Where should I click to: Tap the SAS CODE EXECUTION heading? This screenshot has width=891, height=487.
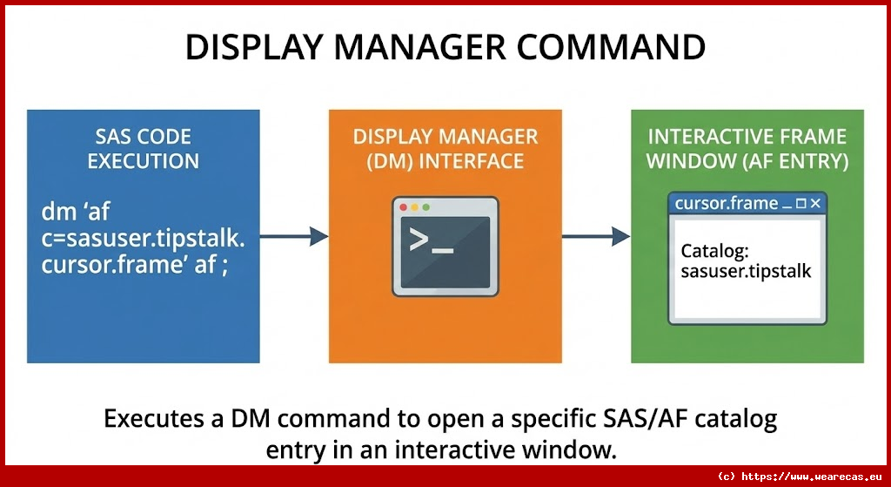click(x=143, y=149)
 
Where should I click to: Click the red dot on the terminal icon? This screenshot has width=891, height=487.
click(x=402, y=208)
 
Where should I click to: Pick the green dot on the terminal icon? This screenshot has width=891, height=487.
click(x=425, y=208)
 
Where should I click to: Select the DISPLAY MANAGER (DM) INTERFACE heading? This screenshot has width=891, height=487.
click(x=445, y=149)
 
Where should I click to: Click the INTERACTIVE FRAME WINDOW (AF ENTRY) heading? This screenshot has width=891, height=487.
click(x=747, y=149)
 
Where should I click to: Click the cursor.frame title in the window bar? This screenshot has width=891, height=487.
click(x=727, y=204)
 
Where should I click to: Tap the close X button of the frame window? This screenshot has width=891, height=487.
click(x=815, y=204)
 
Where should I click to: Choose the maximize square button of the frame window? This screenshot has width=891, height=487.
click(x=801, y=204)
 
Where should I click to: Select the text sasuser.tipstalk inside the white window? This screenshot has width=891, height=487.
click(x=746, y=271)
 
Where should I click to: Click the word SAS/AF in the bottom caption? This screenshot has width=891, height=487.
click(x=643, y=419)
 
